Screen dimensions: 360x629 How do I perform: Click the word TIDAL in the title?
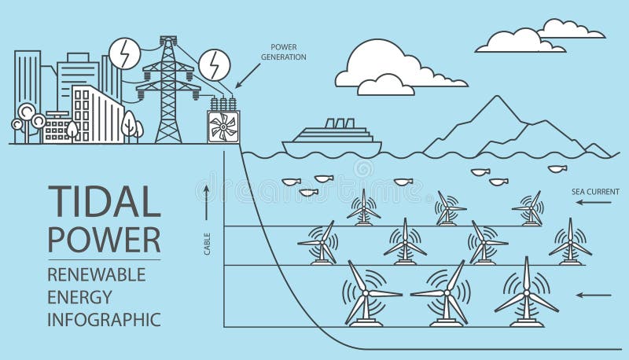coord(104,202)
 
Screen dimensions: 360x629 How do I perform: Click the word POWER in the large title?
coord(104,239)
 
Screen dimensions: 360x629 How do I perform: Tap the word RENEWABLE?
coord(97,274)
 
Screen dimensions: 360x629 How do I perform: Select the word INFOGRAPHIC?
coord(104,319)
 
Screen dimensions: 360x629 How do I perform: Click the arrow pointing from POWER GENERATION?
coord(249,75)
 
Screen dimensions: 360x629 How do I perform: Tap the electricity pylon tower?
coord(168,90)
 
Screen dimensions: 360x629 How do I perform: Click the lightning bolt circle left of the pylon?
coord(122,53)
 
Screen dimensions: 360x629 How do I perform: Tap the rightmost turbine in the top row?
coord(529,208)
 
